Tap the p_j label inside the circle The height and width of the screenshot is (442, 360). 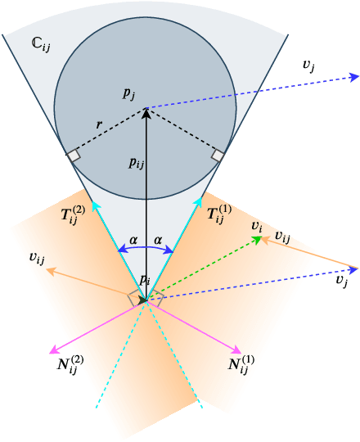tap(129, 94)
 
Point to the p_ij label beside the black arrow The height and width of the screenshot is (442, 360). tap(136, 162)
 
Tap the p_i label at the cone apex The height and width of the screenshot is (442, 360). tap(144, 280)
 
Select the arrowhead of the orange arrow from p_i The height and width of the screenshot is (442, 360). tap(50, 270)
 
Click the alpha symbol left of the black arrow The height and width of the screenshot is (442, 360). tap(133, 241)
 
